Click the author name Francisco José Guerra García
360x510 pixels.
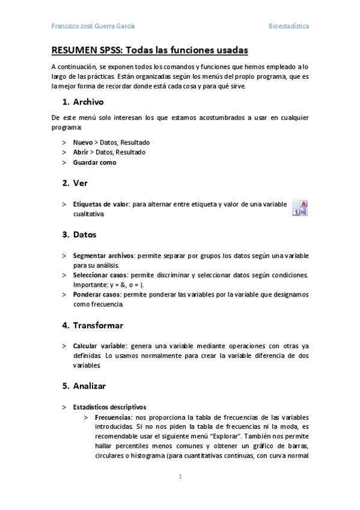(93, 26)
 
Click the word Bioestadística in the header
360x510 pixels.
(288, 26)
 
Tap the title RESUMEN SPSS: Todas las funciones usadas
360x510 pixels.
(150, 50)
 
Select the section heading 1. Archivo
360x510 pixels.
(83, 102)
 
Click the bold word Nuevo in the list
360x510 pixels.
(83, 142)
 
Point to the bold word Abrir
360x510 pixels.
(82, 152)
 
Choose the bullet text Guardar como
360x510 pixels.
(94, 162)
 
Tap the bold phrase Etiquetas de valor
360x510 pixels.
(100, 204)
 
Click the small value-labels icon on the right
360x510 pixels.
(300, 208)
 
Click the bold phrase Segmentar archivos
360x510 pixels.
(103, 255)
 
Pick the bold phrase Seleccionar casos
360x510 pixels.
(99, 275)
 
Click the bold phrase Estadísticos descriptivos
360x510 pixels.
(109, 407)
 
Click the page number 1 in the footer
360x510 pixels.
(180, 477)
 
